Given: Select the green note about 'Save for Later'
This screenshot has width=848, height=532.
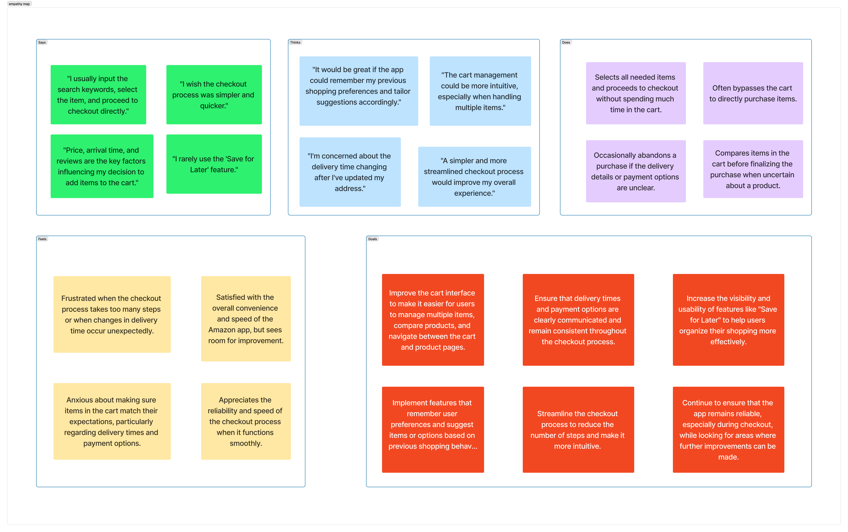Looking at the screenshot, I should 214,164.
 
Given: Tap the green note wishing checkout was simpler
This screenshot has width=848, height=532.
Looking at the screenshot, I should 214,95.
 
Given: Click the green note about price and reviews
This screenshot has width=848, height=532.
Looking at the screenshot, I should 102,166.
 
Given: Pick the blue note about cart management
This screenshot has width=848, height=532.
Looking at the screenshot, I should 480,91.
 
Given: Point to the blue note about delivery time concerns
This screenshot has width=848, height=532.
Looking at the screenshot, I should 350,172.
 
